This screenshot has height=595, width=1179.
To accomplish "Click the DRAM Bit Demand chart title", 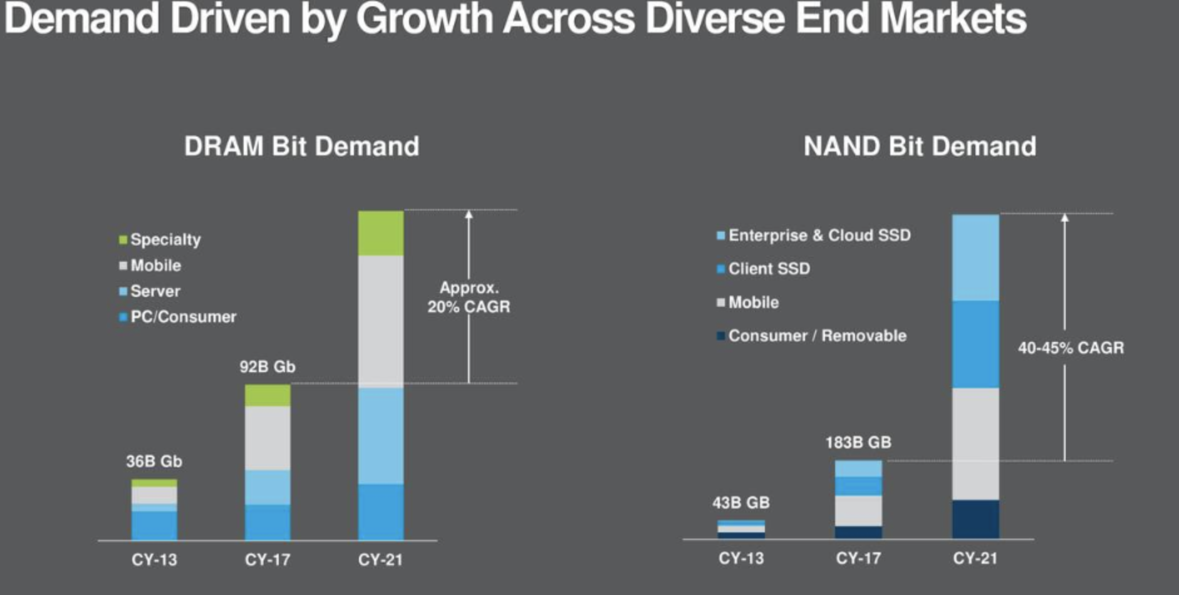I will [301, 147].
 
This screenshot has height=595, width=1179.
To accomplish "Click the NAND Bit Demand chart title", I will [919, 147].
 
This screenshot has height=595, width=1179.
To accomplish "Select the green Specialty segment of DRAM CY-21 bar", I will [380, 233].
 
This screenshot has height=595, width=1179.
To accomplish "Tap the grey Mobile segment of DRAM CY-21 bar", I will [380, 321].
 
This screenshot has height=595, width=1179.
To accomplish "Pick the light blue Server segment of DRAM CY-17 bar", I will [267, 487].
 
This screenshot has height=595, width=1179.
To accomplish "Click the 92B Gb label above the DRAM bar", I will [267, 367].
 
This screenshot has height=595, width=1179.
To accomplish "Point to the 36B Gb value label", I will [154, 462].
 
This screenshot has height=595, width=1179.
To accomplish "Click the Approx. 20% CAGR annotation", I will [469, 297].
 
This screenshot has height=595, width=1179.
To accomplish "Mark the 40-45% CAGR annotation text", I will [1070, 348].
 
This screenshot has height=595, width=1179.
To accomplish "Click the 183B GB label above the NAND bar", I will [858, 443].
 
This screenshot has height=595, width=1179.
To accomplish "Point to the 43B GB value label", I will [740, 503].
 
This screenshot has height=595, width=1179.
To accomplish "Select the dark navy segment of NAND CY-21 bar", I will [975, 519].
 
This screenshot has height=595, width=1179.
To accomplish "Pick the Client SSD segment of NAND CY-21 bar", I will [975, 344].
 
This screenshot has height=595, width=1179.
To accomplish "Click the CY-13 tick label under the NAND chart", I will [740, 558].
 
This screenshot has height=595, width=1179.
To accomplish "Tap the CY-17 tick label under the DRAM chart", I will [267, 559].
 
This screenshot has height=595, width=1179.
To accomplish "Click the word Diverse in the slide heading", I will [714, 19].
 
